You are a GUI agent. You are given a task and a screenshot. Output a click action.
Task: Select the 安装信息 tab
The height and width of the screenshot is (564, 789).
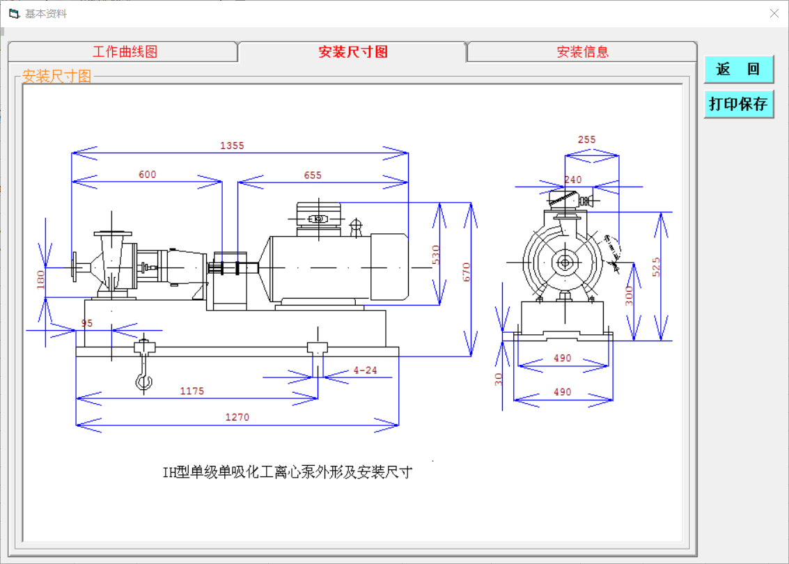(x=582, y=52)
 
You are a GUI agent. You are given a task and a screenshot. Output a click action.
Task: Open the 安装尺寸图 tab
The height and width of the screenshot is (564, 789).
(x=353, y=52)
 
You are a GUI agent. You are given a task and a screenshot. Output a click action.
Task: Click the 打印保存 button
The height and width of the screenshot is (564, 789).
(x=738, y=104)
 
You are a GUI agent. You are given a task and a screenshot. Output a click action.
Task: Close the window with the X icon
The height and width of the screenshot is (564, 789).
(x=774, y=14)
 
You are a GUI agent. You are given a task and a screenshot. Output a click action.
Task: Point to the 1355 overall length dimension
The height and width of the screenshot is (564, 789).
(x=232, y=146)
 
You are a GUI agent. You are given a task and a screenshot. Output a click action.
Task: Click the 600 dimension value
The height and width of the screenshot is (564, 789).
(x=148, y=175)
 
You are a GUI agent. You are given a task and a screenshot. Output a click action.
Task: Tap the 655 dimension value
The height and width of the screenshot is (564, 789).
(x=313, y=175)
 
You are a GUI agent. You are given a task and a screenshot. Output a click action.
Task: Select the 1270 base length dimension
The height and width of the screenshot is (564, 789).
(x=237, y=417)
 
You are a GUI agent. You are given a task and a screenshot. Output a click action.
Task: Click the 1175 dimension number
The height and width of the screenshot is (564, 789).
(x=192, y=391)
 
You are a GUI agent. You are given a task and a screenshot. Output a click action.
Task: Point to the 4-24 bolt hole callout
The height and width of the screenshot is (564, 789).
(x=366, y=370)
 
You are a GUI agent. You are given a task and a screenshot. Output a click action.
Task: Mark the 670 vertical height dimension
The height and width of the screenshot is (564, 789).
(x=467, y=272)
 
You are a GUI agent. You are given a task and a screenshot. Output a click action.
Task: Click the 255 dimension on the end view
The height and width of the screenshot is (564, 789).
(x=587, y=140)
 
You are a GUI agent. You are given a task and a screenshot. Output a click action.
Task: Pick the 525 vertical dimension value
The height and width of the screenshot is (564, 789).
(x=656, y=267)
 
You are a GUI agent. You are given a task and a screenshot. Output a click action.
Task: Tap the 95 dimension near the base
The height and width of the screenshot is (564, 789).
(x=87, y=324)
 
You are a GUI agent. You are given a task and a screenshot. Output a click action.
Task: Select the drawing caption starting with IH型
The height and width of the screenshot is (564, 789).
(x=288, y=472)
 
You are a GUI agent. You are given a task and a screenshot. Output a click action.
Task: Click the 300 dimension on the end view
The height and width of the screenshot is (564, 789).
(x=629, y=296)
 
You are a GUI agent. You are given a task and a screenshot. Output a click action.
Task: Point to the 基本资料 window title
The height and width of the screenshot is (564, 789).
(x=46, y=14)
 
